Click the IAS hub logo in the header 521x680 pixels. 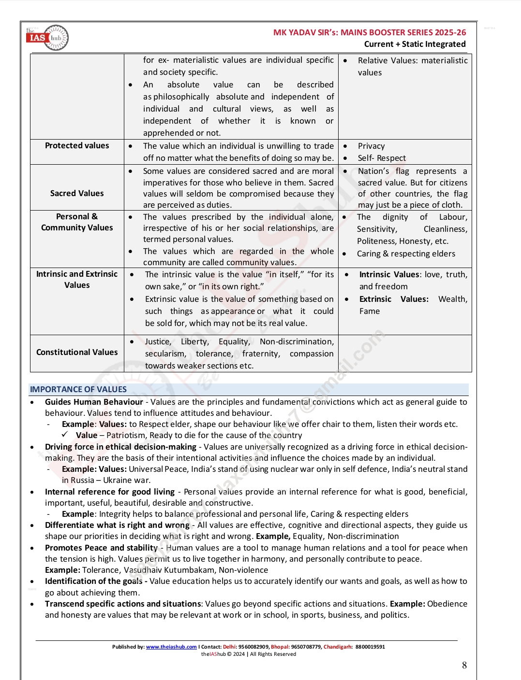47,38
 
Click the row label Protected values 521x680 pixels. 77,146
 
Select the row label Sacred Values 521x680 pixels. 77,193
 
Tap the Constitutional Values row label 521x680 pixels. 77,353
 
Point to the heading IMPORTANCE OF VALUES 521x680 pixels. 78,389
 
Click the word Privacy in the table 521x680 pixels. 372,146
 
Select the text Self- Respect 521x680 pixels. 382,158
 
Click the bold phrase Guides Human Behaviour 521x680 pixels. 94,402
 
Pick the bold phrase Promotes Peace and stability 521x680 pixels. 101,548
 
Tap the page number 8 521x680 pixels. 464,666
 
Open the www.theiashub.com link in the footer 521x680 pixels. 171,647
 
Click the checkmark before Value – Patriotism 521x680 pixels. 65,435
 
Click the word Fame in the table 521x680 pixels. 370,312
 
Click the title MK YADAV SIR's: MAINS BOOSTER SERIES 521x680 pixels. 370,32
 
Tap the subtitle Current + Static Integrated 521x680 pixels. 415,44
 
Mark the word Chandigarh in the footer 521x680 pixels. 338,647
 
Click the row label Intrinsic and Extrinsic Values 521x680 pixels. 77,279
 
